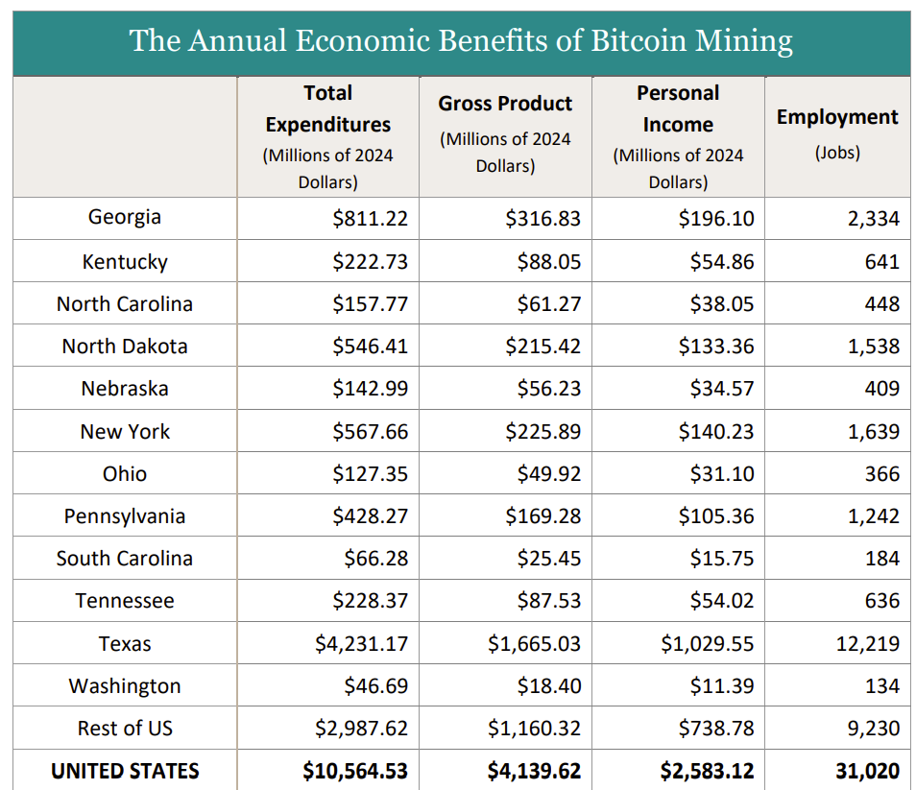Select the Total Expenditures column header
(x=328, y=108)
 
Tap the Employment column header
(x=837, y=117)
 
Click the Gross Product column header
(x=505, y=104)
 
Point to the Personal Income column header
(x=678, y=108)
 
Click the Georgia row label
(x=125, y=217)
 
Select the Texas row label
(x=125, y=643)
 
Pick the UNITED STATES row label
(x=125, y=771)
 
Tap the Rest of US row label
(x=125, y=728)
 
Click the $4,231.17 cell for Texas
(x=361, y=643)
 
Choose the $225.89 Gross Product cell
(x=543, y=431)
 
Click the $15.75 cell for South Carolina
(x=721, y=558)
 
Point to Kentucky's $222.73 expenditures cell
(x=370, y=262)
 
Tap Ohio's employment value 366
(x=881, y=473)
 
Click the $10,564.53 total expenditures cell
(x=355, y=771)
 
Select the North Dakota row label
(x=125, y=346)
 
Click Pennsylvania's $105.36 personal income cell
(x=716, y=515)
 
